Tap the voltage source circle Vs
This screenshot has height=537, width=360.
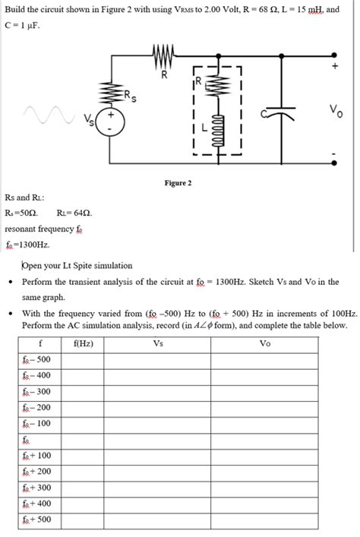click(111, 122)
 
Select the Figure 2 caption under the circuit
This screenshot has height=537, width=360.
click(178, 183)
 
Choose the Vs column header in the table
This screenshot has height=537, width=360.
click(158, 343)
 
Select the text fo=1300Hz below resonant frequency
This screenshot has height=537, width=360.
click(27, 245)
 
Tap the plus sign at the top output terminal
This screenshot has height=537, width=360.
click(333, 66)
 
